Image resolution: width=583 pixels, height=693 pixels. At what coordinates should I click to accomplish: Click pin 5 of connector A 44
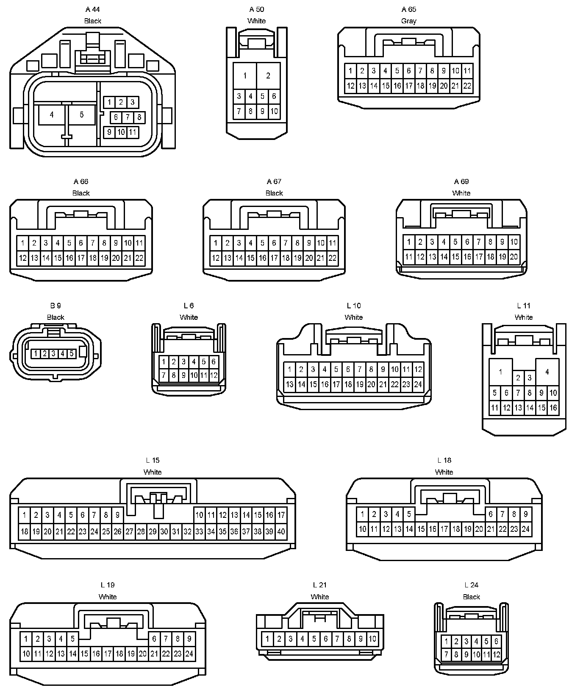pyautogui.click(x=82, y=115)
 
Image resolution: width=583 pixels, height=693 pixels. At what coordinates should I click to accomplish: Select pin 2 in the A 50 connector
pyautogui.click(x=268, y=76)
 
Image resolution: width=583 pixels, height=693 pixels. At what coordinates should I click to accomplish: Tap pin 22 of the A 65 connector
pyautogui.click(x=467, y=86)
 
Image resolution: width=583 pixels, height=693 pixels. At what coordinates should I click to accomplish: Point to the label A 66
pyautogui.click(x=81, y=182)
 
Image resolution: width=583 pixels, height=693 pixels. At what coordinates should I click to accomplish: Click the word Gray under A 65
pyautogui.click(x=409, y=21)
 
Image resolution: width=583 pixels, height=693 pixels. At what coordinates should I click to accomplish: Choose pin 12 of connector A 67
pyautogui.click(x=216, y=258)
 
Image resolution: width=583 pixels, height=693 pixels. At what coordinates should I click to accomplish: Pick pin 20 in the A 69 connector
pyautogui.click(x=514, y=257)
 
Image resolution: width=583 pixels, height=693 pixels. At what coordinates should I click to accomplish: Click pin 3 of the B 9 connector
pyautogui.click(x=53, y=353)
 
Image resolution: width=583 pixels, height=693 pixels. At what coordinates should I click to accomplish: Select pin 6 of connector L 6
pyautogui.click(x=214, y=362)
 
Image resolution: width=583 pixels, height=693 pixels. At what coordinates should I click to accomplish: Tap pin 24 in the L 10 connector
pyautogui.click(x=418, y=384)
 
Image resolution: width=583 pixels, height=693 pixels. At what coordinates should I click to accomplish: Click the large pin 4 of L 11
pyautogui.click(x=547, y=372)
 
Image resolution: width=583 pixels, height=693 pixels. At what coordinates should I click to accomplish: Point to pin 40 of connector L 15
pyautogui.click(x=281, y=531)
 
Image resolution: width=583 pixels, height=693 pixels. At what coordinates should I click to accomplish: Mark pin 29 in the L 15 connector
pyautogui.click(x=153, y=531)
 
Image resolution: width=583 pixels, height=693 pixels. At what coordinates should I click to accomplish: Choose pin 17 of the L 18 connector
pyautogui.click(x=444, y=529)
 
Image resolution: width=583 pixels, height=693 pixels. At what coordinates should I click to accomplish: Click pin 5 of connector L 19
pyautogui.click(x=72, y=638)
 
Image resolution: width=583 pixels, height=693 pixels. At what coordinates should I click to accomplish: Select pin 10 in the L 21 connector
pyautogui.click(x=372, y=639)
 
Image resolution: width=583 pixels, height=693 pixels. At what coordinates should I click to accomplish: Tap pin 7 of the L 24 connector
pyautogui.click(x=446, y=654)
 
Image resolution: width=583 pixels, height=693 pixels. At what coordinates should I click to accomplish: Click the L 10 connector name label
pyautogui.click(x=354, y=306)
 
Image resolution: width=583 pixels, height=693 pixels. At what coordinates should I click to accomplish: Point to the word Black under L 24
pyautogui.click(x=471, y=597)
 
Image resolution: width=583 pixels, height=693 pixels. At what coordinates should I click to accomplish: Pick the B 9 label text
pyautogui.click(x=56, y=306)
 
